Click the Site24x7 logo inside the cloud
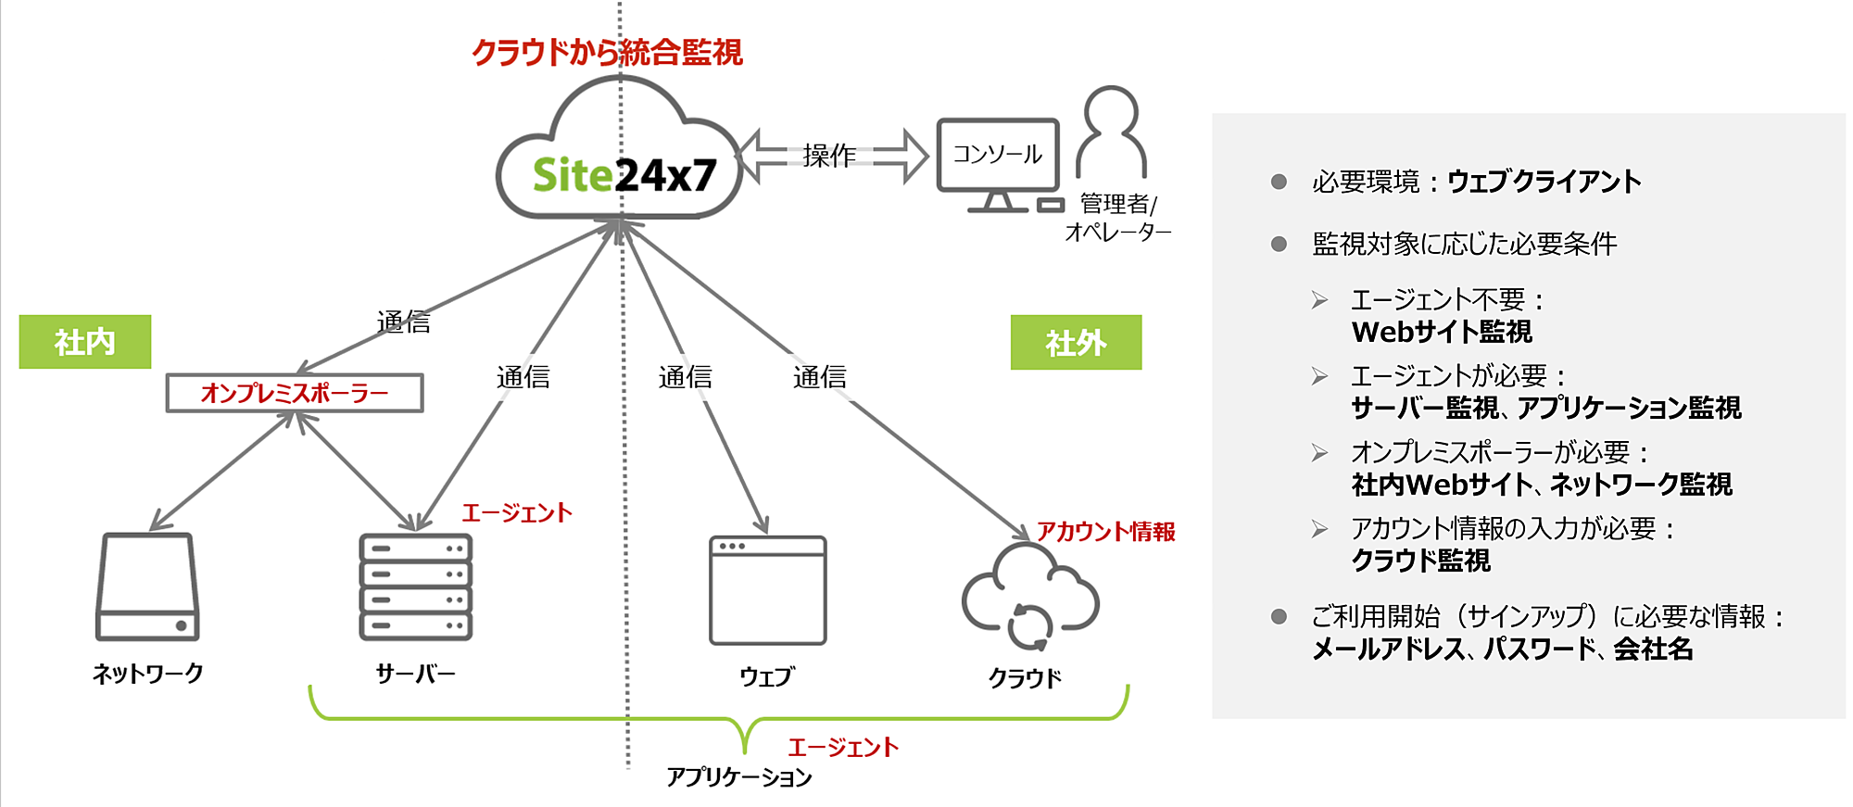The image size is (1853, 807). click(624, 174)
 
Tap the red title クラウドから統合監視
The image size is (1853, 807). click(607, 52)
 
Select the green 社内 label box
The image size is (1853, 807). click(85, 342)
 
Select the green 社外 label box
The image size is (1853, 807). click(1076, 343)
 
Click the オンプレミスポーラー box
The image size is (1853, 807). click(295, 393)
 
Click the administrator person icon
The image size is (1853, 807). click(1111, 131)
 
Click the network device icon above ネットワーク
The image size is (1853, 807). click(147, 586)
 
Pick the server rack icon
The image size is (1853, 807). click(416, 586)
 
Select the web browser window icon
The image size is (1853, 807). click(767, 590)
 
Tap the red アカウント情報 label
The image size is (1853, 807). click(1105, 531)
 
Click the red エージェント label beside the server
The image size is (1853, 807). click(517, 512)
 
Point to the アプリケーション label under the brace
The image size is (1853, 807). click(738, 776)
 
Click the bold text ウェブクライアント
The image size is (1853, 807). click(1544, 182)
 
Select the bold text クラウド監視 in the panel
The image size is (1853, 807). click(1420, 561)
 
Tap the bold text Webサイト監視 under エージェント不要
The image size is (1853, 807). click(1441, 332)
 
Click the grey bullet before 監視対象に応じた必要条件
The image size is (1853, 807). click(1279, 245)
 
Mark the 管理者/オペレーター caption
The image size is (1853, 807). click(1118, 218)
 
